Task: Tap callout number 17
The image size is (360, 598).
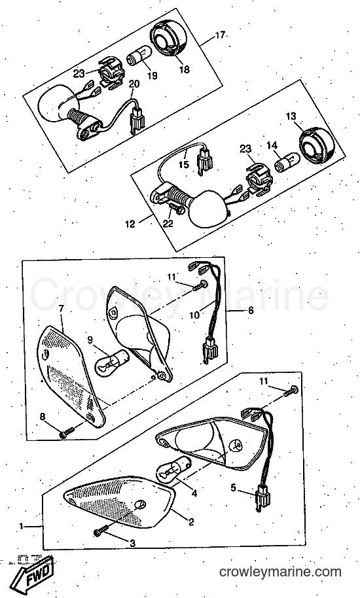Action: pos(220,35)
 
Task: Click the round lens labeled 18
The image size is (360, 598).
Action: pos(170,41)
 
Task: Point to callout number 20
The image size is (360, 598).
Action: pos(135,84)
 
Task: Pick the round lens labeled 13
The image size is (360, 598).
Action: pos(317,145)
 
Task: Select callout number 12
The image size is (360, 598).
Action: pos(130,224)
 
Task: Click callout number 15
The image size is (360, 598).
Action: pos(184,165)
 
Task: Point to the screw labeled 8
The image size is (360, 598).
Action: pos(67,432)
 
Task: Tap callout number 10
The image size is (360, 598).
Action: pos(194,315)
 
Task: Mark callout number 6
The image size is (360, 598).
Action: pos(251,310)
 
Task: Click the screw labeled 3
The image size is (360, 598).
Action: pos(101,531)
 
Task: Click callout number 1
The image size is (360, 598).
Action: pos(22,526)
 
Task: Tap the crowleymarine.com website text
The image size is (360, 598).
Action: pos(280,572)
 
